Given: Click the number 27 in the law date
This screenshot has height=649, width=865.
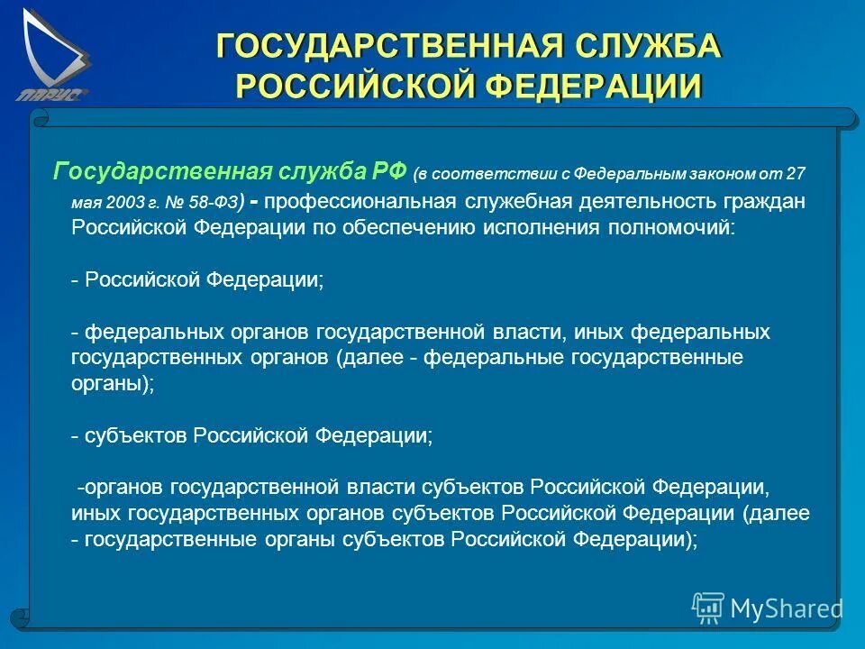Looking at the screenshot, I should tap(797, 173).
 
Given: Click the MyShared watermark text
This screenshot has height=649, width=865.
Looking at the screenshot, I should tap(787, 609).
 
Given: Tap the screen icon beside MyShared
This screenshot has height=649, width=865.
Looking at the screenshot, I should tap(708, 608).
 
